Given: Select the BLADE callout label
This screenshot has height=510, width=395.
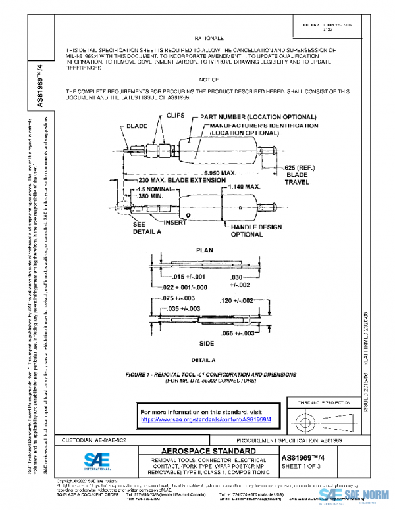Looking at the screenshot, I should tap(136, 126).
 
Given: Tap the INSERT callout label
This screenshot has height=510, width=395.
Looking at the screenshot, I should tap(174, 223).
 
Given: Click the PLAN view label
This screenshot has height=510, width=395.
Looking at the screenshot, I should tap(205, 250).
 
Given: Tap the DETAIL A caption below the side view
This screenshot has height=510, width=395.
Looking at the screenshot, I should tap(203, 360).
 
